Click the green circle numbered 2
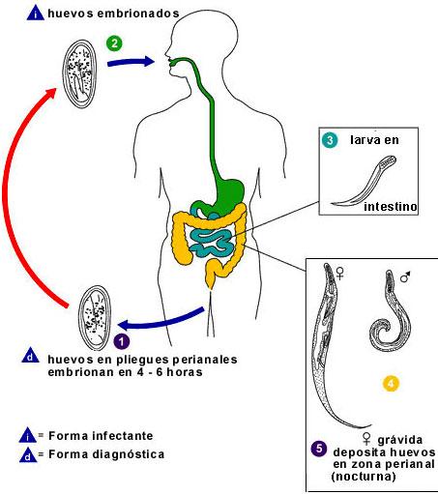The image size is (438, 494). click(114, 43)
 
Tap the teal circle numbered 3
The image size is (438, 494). click(330, 140)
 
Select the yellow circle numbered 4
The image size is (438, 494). click(391, 385)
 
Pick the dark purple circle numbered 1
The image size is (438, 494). click(122, 340)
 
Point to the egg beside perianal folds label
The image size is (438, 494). click(98, 310)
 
